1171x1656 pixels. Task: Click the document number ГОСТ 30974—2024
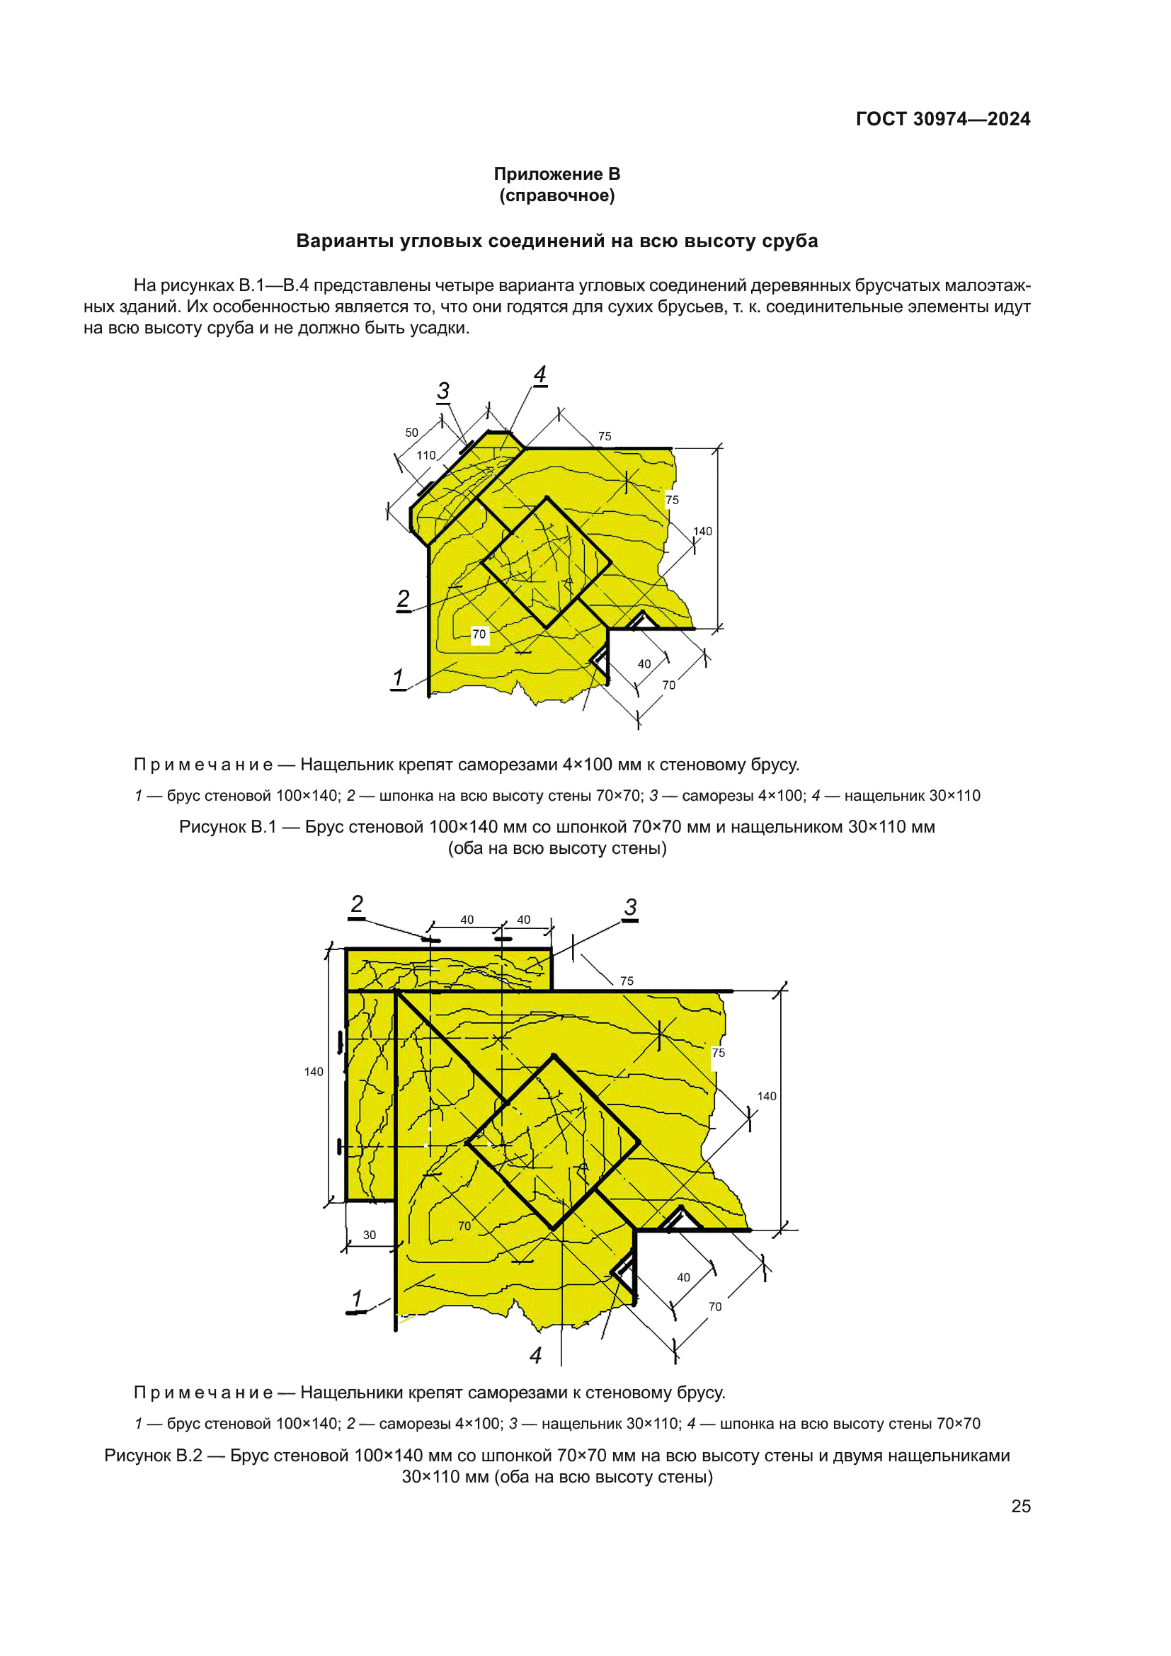tap(942, 119)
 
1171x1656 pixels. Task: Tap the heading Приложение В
tap(556, 174)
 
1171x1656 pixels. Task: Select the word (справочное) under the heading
tap(556, 195)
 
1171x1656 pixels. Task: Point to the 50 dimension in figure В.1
tap(412, 433)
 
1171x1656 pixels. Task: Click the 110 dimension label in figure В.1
tap(426, 456)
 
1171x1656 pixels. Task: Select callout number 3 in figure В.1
tap(443, 391)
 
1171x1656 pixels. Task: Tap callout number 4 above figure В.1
tap(540, 375)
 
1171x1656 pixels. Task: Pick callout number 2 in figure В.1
tap(403, 599)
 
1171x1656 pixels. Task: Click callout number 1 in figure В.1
tap(398, 678)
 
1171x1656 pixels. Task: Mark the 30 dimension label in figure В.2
tap(369, 1235)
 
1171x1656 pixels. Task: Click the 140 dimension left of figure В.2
tap(314, 1072)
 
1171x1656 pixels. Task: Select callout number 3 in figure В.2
tap(631, 908)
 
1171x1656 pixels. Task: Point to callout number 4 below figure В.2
tap(536, 1356)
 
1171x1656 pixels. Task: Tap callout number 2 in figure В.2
tap(357, 904)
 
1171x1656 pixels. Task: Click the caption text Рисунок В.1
tap(227, 827)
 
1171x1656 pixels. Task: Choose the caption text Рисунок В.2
tap(153, 1456)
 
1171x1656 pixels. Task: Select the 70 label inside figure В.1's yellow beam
tap(479, 634)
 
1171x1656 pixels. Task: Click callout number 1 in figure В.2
tap(356, 1299)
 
